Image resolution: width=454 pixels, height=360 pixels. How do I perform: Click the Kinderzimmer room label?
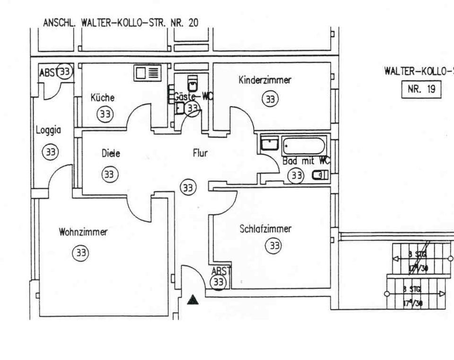point(265,80)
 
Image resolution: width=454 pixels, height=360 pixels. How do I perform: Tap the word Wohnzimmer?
point(83,232)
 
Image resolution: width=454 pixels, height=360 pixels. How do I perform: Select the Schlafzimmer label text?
point(265,229)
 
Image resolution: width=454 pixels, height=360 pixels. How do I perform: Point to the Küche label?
point(102,98)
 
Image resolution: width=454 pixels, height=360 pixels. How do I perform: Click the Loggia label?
point(49,130)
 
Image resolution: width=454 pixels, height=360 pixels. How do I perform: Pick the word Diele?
point(111,154)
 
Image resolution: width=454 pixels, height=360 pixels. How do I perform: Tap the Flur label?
point(200,153)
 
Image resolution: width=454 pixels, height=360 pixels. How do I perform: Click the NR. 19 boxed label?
point(421,89)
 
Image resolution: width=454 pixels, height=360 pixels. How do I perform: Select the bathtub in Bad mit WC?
point(304,146)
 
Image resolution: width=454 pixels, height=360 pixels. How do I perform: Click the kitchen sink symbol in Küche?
point(148,73)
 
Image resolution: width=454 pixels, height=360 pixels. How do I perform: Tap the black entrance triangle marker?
point(192,299)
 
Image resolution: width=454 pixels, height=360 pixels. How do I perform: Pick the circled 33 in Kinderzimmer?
point(270,99)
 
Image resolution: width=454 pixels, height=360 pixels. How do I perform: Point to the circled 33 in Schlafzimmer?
point(273,246)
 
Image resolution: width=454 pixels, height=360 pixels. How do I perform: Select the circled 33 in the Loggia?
point(50,152)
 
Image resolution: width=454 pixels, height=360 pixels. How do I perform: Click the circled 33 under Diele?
point(109,174)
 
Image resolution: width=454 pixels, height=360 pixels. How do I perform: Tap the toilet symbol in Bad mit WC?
point(320,175)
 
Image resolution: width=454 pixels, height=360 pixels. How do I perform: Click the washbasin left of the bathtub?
point(270,143)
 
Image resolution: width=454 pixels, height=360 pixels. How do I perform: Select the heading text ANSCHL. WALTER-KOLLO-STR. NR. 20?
point(121,22)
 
